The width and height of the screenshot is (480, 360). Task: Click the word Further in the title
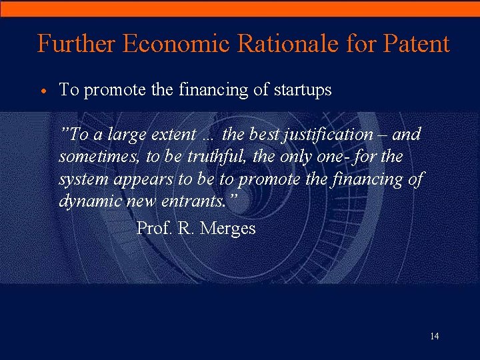(77, 44)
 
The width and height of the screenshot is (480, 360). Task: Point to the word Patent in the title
(417, 44)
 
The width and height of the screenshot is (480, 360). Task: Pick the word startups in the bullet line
(303, 91)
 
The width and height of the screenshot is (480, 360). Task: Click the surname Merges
(228, 229)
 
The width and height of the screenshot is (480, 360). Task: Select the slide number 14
(434, 336)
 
